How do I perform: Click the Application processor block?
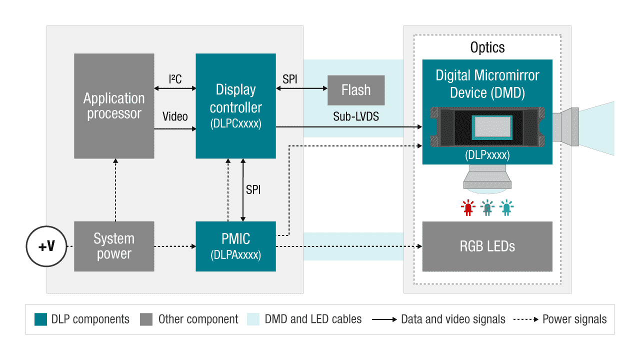pos(114,106)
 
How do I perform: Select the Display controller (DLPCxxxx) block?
pos(235,106)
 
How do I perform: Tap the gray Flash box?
pos(356,90)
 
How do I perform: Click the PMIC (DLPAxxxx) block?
pos(235,246)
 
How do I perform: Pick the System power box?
pos(114,246)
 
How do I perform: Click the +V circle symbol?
pos(46,246)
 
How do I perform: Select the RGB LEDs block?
pos(487,246)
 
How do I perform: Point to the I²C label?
pos(175,79)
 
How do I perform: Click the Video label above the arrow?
pos(175,116)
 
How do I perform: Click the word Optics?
pos(487,47)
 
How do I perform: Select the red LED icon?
pos(468,207)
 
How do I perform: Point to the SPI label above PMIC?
pos(253,190)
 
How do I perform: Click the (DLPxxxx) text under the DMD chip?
pos(487,155)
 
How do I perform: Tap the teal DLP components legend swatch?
pos(40,319)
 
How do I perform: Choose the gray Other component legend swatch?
pos(146,319)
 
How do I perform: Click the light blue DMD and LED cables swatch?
pos(253,319)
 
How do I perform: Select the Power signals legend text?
pos(574,319)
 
